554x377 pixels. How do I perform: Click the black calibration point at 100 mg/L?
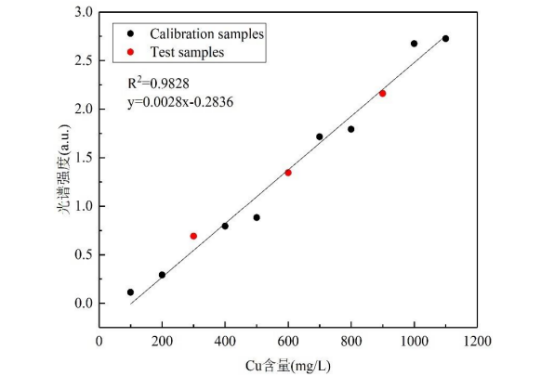pos(130,292)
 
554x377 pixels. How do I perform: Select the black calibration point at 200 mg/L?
pos(162,275)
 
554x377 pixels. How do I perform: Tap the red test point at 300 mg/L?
pos(193,236)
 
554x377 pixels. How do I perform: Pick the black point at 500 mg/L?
pos(257,218)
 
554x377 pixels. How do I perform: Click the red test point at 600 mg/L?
pos(288,173)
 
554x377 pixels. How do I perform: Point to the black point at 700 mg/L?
pos(319,137)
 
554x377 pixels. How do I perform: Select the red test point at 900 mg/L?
pos(382,94)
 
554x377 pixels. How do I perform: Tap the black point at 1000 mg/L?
pos(414,44)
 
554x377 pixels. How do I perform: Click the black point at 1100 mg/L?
pos(446,39)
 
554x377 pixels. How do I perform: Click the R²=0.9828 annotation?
pos(158,83)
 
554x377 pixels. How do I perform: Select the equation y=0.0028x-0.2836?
pos(180,102)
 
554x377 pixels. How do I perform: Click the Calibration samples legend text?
pos(207,34)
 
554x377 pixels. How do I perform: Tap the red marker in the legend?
pos(130,52)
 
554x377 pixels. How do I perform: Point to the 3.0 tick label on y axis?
pos(83,12)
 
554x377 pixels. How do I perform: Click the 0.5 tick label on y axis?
pos(83,255)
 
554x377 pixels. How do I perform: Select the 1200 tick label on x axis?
pos(477,341)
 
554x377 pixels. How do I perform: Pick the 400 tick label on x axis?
pos(225,341)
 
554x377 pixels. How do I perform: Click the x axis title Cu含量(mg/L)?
pos(288,366)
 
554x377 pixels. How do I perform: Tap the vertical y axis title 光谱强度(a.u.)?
pos(64,169)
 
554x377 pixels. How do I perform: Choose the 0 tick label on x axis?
pos(99,341)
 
